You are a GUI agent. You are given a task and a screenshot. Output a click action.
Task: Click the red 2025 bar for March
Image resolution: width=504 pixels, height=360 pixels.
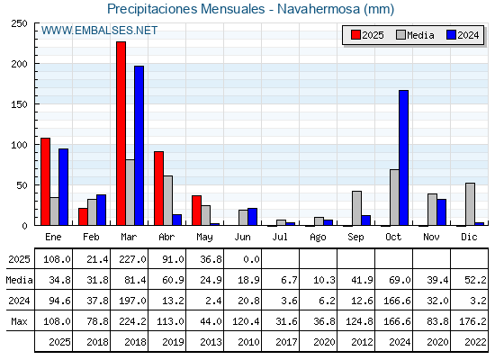(121, 133)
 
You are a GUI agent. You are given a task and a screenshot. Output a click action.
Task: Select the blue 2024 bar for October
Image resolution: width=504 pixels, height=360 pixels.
(404, 157)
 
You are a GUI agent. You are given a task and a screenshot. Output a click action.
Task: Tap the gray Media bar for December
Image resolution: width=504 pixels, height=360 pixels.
(470, 204)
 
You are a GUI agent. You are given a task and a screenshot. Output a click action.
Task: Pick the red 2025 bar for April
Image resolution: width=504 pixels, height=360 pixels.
(158, 188)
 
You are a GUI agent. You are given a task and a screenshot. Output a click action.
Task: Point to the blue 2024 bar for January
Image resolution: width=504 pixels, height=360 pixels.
(63, 187)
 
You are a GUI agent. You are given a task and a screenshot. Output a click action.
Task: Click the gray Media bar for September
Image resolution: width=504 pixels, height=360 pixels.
(356, 208)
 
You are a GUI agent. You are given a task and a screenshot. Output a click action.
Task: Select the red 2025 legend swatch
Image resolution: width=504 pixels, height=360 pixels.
(355, 35)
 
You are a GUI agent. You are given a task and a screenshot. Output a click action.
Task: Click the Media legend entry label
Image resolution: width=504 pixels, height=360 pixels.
(420, 35)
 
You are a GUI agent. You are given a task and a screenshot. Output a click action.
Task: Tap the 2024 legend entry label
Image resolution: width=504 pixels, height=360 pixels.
(468, 35)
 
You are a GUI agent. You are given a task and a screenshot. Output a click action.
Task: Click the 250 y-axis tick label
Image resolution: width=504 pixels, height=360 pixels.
(20, 23)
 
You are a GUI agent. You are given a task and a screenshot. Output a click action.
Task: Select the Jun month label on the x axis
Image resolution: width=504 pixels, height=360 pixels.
(242, 238)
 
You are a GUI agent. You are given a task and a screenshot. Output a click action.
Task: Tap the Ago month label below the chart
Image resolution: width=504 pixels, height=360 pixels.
(318, 238)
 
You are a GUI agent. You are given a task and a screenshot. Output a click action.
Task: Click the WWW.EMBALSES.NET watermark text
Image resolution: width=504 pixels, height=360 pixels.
(99, 31)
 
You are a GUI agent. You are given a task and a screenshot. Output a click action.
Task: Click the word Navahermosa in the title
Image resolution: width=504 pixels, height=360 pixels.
(319, 9)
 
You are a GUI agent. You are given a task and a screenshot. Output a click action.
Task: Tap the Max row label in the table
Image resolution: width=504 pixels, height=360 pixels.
(19, 321)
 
